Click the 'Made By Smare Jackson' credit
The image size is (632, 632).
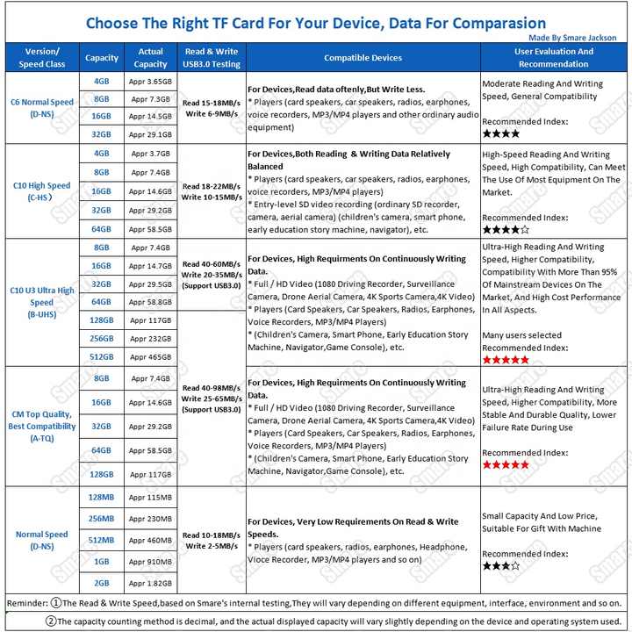572,38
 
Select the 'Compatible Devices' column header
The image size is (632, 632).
363,58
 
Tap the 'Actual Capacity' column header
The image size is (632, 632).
151,58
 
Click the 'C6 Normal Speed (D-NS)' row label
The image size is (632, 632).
42,108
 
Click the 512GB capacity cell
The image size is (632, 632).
102,357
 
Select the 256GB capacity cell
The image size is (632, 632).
102,338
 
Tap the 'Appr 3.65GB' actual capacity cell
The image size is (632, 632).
151,81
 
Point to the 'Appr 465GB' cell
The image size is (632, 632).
151,357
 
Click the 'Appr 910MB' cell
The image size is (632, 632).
151,561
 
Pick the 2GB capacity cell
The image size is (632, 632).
102,583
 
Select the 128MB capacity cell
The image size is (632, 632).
102,497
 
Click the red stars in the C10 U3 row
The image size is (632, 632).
506,360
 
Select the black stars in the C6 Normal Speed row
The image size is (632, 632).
500,133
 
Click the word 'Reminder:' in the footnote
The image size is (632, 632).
26,604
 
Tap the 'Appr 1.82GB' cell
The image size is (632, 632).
151,583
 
